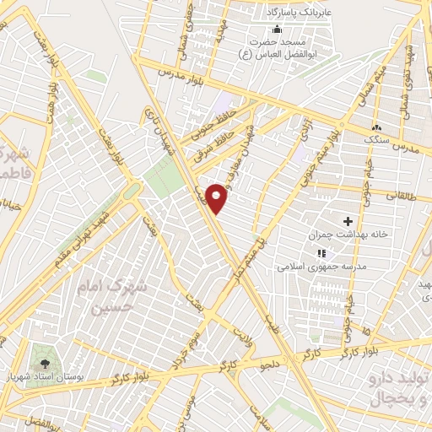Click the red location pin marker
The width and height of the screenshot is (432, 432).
coord(218,199)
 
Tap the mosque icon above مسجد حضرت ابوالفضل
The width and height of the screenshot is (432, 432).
coord(278,30)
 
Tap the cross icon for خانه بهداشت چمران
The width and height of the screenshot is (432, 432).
coord(348,220)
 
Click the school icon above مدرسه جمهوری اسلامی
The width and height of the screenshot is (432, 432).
coord(321,252)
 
